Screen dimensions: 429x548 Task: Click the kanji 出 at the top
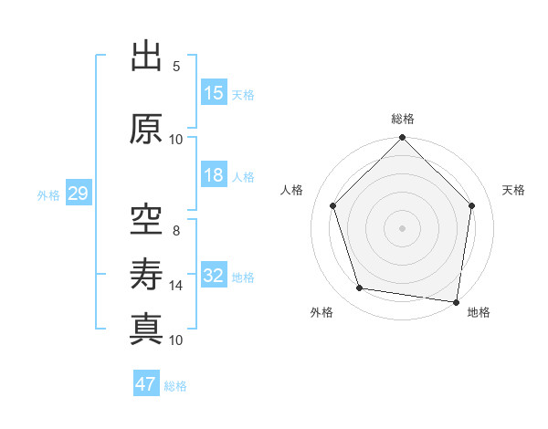click(x=146, y=57)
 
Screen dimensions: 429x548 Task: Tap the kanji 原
click(x=146, y=129)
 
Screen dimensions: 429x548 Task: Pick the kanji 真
click(x=146, y=328)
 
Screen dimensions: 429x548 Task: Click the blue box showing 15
click(x=214, y=93)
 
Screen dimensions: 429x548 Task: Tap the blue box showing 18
click(x=214, y=176)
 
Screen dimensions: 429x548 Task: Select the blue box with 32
click(x=214, y=277)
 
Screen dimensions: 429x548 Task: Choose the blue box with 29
click(x=77, y=194)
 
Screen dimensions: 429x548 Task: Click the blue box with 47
click(x=146, y=384)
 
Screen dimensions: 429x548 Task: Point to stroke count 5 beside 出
click(x=176, y=67)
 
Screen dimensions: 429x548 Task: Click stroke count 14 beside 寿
click(x=176, y=286)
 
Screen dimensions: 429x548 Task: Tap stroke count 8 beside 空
click(x=176, y=231)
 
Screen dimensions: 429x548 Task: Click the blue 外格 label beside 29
click(x=48, y=195)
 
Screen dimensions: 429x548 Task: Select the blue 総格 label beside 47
click(x=175, y=386)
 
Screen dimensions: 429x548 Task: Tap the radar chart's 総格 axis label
click(x=402, y=119)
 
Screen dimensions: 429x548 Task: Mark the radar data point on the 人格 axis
click(x=333, y=205)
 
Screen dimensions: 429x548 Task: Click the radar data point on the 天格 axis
click(x=471, y=205)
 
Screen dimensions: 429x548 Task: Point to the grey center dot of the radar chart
click(x=402, y=227)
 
